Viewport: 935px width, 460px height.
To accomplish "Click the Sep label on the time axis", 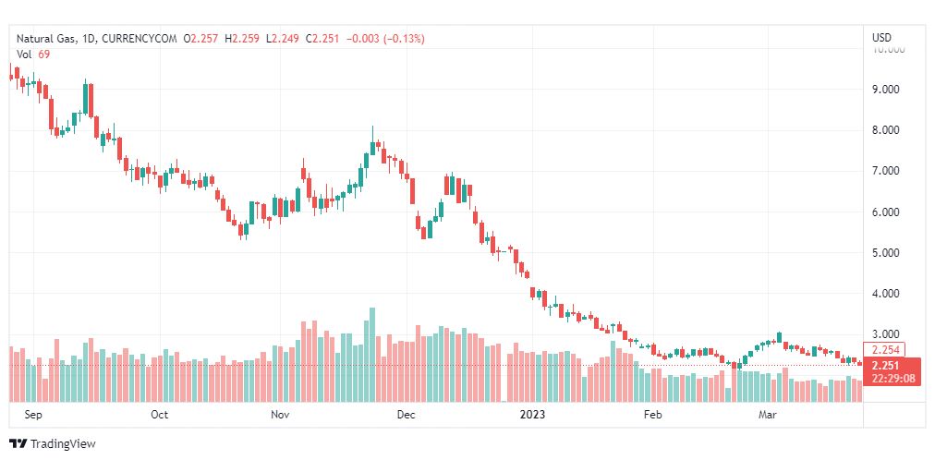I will [33, 415].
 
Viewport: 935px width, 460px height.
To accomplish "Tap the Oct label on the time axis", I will [159, 415].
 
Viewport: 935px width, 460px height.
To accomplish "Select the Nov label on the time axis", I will [280, 415].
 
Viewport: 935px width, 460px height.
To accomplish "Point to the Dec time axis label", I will [406, 415].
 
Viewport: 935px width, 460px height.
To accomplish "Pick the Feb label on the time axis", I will [653, 415].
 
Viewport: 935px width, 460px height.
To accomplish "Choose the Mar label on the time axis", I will [768, 415].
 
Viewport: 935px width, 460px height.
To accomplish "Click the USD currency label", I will [881, 37].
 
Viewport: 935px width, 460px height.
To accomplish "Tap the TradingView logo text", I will [63, 443].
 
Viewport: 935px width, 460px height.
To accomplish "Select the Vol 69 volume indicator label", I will [34, 54].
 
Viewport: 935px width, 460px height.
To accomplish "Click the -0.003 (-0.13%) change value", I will [385, 39].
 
